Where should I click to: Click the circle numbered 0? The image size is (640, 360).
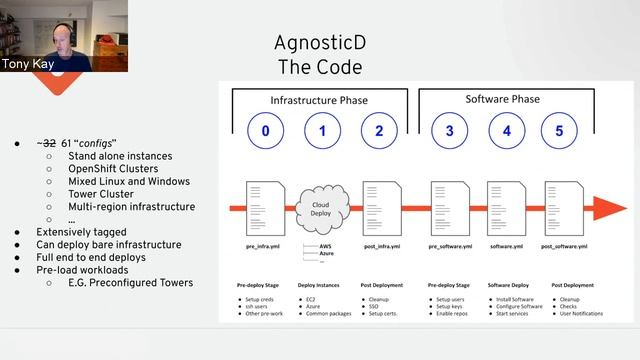[x=265, y=130]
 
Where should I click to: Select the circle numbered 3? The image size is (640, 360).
[x=450, y=130]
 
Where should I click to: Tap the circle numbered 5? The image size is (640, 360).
[x=559, y=130]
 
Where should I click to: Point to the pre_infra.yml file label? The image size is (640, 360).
[x=264, y=246]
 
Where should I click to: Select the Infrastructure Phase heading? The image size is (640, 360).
[x=320, y=101]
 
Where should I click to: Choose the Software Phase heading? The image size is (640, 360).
[x=503, y=100]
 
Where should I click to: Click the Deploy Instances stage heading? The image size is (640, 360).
[x=320, y=284]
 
